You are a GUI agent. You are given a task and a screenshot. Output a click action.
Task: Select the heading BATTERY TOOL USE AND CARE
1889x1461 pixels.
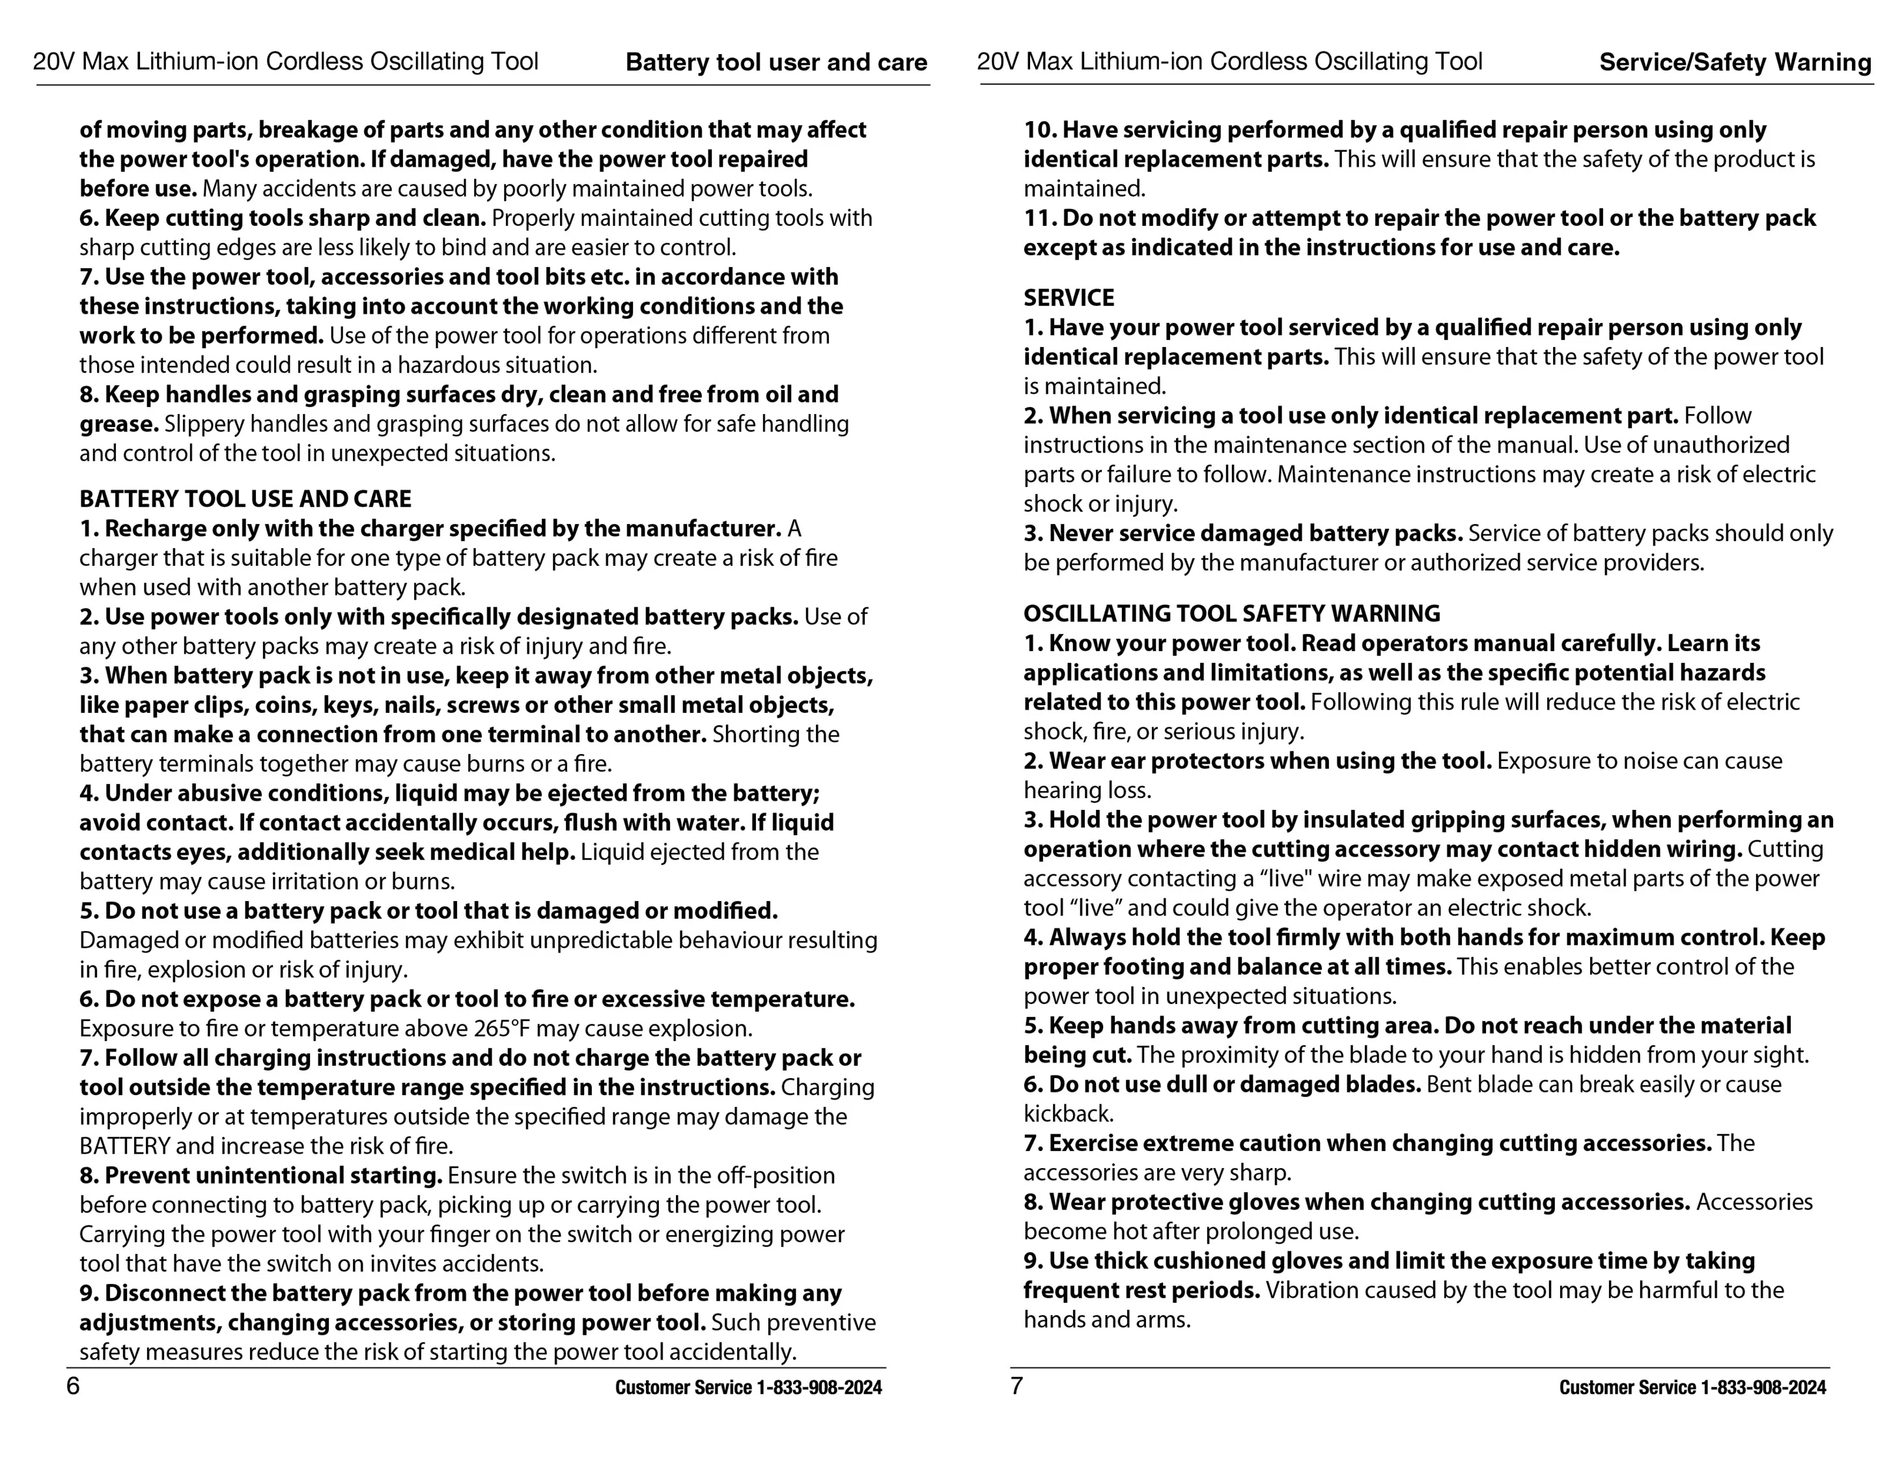(245, 499)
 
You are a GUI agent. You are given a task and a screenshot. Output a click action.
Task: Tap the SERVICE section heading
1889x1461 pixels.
(1069, 298)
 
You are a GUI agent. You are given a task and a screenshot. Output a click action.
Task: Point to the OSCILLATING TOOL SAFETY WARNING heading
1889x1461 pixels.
(1231, 614)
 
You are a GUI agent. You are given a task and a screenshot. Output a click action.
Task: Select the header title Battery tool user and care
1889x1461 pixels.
(776, 63)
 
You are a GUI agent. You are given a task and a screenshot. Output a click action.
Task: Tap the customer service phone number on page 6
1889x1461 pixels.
(819, 1387)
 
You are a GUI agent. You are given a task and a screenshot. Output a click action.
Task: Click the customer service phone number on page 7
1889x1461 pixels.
(1763, 1387)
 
